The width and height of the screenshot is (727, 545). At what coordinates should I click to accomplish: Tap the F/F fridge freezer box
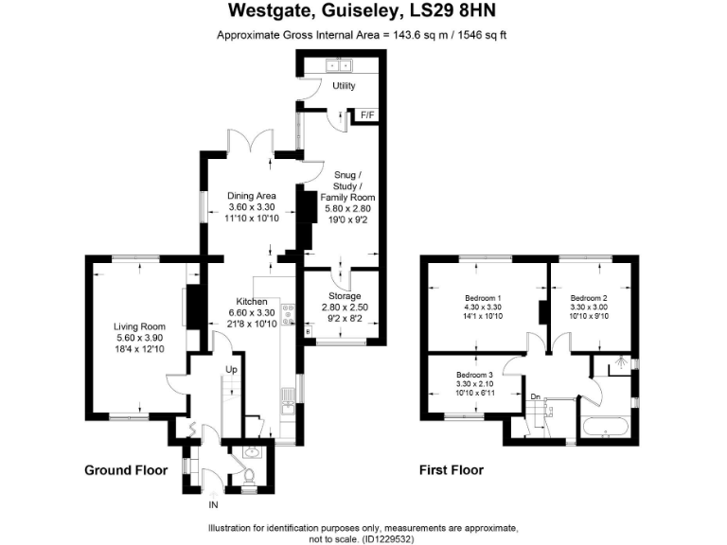(366, 115)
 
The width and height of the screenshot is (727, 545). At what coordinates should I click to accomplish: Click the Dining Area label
(251, 196)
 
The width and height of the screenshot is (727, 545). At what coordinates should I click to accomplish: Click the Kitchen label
(251, 302)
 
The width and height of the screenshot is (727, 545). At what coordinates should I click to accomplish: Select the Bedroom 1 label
(484, 299)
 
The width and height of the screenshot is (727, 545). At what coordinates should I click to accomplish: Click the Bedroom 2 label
(589, 299)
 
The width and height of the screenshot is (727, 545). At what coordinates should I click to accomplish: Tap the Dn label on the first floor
(535, 396)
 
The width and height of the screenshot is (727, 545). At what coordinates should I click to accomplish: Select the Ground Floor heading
(125, 470)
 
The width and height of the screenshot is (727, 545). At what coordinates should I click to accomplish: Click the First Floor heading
(452, 470)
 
